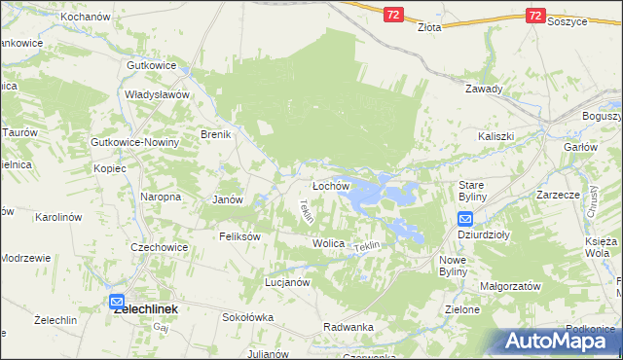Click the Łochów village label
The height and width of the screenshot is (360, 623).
(x=330, y=186)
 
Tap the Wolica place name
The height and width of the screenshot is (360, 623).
(x=328, y=243)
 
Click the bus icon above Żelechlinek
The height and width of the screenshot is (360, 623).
(x=117, y=302)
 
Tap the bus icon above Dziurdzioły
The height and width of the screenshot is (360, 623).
(x=465, y=220)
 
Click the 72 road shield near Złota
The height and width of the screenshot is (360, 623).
(x=392, y=16)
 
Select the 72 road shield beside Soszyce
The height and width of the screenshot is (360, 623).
(x=534, y=16)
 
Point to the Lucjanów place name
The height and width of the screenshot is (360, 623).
(x=287, y=282)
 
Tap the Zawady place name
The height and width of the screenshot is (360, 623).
(x=484, y=89)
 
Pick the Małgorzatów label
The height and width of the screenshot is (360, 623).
(x=510, y=287)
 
